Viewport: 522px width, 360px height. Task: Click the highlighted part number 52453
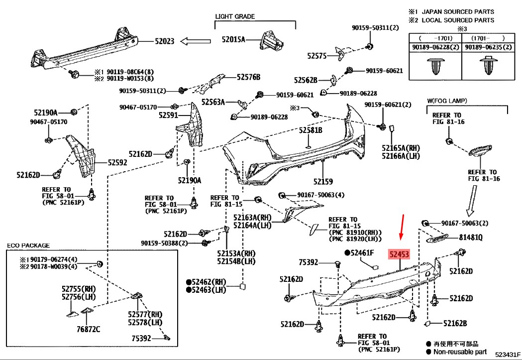click(x=399, y=255)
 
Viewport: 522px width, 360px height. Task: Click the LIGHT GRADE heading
click(x=235, y=16)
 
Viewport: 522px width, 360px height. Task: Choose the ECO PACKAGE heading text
click(x=28, y=245)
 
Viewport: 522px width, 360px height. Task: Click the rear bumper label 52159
click(x=323, y=181)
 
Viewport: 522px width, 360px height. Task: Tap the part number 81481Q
click(x=471, y=238)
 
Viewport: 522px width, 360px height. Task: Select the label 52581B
click(x=311, y=130)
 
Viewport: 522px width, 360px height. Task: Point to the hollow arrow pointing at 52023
click(x=193, y=41)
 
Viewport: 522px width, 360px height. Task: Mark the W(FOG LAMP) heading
click(x=446, y=101)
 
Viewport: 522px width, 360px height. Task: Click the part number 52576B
click(x=248, y=77)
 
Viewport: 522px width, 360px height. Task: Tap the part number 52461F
click(x=361, y=253)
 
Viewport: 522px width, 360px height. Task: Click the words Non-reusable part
click(x=459, y=352)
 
